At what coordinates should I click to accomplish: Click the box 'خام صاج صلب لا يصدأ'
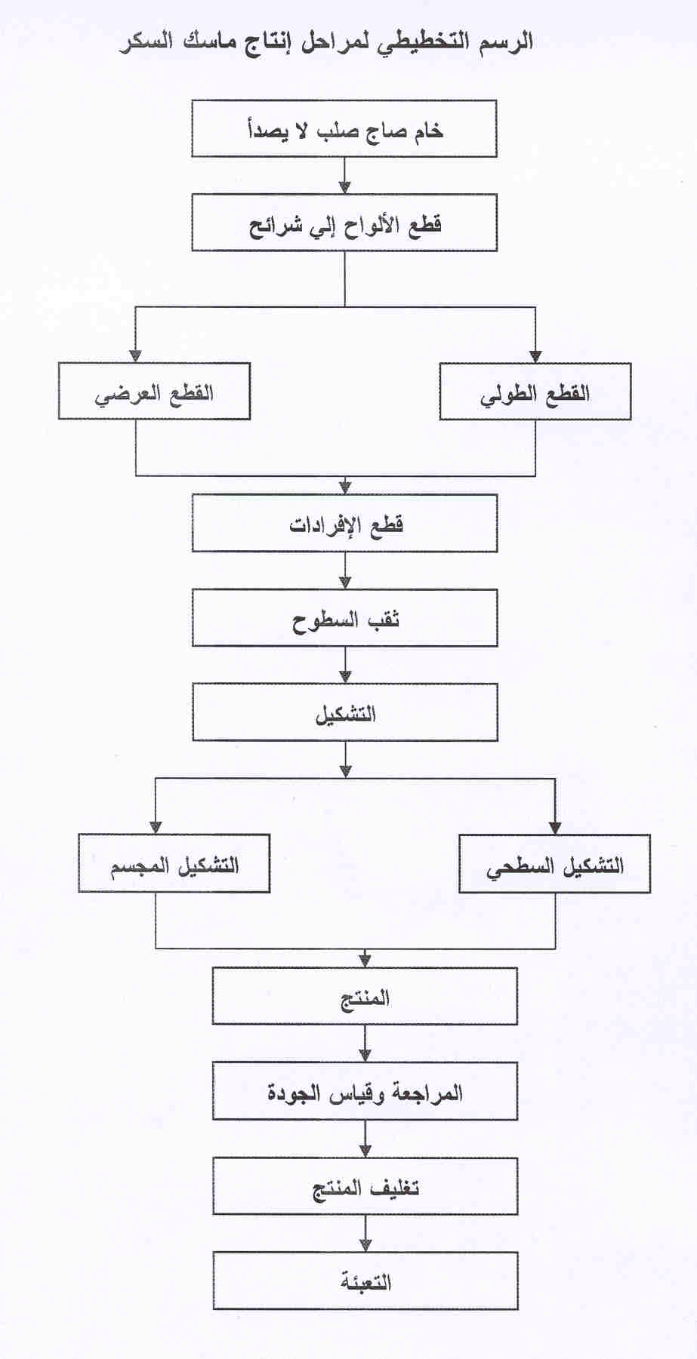click(344, 129)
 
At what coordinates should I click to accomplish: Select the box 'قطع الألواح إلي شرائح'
click(344, 223)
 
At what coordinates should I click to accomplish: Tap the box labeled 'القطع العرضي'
click(154, 392)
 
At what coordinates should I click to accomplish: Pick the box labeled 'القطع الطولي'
click(535, 392)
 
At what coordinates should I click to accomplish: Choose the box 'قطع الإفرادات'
click(345, 523)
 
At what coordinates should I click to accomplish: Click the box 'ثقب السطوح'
click(345, 618)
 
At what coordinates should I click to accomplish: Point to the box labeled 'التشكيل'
click(345, 712)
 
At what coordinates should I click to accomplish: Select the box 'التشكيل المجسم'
click(174, 863)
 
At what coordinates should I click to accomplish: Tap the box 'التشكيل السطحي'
click(555, 863)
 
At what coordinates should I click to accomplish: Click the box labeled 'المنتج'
click(365, 996)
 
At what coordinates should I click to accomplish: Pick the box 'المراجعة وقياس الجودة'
click(365, 1091)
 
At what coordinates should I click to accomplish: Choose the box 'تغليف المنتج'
click(365, 1186)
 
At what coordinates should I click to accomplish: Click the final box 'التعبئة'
click(365, 1281)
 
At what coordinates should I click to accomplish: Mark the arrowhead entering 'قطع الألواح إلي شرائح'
click(345, 188)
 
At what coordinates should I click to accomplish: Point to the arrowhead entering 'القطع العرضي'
click(136, 357)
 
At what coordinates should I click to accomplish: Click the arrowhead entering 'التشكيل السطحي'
click(555, 828)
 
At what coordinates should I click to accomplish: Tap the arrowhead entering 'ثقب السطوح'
click(345, 583)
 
